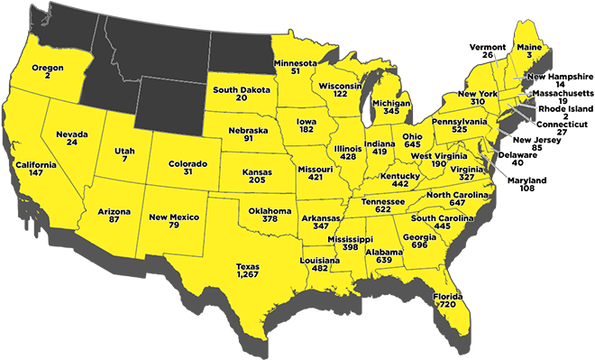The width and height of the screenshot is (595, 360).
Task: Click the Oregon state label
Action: (47, 68)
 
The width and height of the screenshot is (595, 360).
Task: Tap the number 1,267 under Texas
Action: (248, 276)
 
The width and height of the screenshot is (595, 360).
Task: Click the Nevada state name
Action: (71, 134)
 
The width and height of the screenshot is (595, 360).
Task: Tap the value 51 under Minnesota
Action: (295, 72)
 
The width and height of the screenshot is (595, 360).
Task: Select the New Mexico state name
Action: (174, 217)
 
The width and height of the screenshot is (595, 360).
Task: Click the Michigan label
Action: (391, 102)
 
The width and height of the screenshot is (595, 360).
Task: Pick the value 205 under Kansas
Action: (257, 180)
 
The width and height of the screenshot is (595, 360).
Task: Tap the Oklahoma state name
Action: (270, 210)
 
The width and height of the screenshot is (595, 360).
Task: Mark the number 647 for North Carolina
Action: (457, 204)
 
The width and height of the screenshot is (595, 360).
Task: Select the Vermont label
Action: (488, 45)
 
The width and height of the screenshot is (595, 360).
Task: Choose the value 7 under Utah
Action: (125, 159)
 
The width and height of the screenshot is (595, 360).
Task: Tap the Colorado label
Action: (188, 163)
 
